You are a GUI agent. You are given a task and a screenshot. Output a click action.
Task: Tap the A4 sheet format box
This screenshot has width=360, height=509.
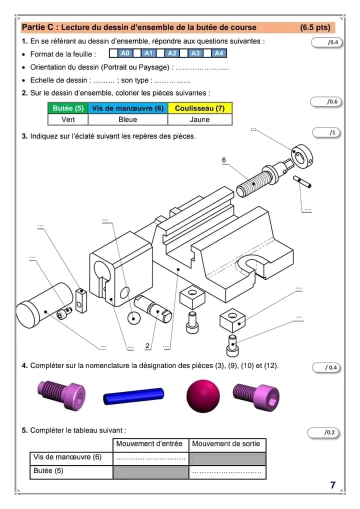click(218, 53)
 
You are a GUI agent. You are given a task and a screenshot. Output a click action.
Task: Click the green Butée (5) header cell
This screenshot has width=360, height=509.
click(68, 108)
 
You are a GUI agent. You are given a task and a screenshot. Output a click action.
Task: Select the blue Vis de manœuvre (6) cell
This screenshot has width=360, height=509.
click(127, 108)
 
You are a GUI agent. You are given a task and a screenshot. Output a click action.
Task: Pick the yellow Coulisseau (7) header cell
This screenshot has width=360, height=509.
click(200, 108)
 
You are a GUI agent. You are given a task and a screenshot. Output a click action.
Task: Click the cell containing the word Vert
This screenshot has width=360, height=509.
click(68, 119)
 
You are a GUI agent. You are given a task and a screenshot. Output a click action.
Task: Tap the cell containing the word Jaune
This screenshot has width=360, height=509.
click(200, 119)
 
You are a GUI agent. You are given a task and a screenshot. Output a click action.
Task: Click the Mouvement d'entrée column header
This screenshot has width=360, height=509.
click(149, 444)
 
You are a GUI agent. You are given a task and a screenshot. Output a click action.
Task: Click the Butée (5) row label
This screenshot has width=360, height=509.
click(48, 470)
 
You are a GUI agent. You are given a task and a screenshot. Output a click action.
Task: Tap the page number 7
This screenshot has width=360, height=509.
click(333, 485)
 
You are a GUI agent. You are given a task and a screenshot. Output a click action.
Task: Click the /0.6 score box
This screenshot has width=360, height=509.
click(325, 102)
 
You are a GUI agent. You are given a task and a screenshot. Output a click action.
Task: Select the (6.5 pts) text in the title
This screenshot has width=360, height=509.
click(315, 27)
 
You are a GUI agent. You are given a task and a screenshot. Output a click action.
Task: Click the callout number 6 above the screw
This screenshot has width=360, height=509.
click(224, 160)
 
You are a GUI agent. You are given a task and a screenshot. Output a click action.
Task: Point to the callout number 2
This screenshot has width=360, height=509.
click(147, 346)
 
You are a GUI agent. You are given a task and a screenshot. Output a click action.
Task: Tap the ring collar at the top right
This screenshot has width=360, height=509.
click(302, 155)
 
